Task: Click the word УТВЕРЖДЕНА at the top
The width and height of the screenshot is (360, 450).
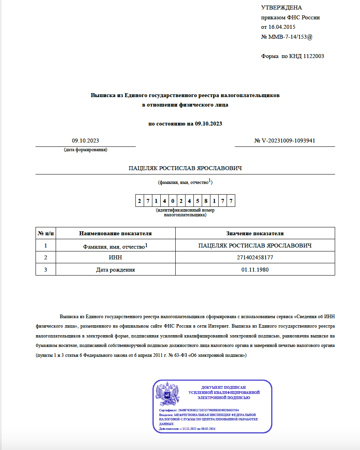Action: pyautogui.click(x=281, y=8)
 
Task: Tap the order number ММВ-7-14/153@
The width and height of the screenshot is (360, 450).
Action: pyautogui.click(x=291, y=37)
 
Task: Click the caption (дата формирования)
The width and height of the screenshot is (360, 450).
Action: pyautogui.click(x=85, y=150)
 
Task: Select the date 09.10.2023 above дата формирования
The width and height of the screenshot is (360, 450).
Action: pyautogui.click(x=85, y=141)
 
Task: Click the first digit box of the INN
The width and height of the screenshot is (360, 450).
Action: pyautogui.click(x=139, y=201)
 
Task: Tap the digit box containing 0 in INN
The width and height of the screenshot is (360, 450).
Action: pyautogui.click(x=172, y=201)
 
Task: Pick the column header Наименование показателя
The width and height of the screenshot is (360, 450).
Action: pyautogui.click(x=115, y=233)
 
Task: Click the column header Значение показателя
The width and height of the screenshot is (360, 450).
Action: pyautogui.click(x=255, y=233)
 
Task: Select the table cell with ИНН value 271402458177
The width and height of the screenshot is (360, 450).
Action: pyautogui.click(x=255, y=258)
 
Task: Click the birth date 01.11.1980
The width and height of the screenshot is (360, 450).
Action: pyautogui.click(x=255, y=270)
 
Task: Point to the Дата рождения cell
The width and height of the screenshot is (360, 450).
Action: pyautogui.click(x=115, y=270)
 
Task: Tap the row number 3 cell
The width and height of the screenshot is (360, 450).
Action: pyautogui.click(x=46, y=270)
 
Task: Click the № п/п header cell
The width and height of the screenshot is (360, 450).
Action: pyautogui.click(x=46, y=233)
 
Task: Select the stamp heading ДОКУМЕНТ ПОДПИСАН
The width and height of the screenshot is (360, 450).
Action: pyautogui.click(x=223, y=388)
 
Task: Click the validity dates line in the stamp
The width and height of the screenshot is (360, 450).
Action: pyautogui.click(x=187, y=429)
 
